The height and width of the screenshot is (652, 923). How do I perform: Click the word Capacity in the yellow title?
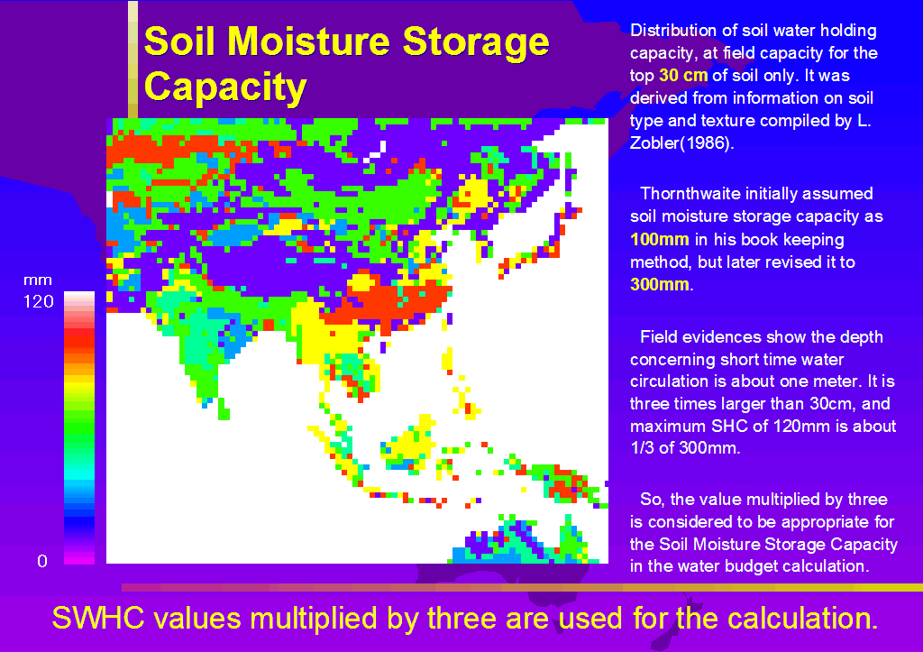225,88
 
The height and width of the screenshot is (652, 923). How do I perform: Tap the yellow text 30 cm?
683,76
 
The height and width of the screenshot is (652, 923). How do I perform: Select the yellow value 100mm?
659,239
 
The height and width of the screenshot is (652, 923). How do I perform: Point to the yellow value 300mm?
659,284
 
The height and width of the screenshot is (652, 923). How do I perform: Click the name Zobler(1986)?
681,143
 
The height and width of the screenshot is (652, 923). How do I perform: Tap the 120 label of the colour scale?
38,301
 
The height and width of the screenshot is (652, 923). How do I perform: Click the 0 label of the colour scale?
42,561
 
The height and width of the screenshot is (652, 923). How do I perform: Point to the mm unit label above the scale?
38,280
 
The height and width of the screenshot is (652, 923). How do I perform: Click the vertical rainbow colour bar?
79,427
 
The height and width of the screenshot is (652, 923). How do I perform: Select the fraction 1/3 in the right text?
642,448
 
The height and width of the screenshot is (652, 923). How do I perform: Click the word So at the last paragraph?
653,500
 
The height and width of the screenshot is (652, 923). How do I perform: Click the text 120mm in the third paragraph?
800,426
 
